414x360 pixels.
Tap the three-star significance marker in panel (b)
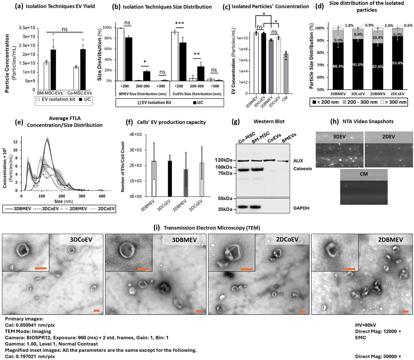point(179,24)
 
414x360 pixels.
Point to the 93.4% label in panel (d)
point(397,63)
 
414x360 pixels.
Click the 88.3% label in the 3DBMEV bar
point(338,66)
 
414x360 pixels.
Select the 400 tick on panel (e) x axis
point(102,196)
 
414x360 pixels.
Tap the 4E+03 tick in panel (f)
point(135,134)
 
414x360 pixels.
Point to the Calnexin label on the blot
point(302,169)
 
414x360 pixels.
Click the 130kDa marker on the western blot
point(224,160)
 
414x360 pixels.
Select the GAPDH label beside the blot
point(301,208)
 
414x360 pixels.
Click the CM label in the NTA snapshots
point(364,174)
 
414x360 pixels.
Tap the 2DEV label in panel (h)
point(388,137)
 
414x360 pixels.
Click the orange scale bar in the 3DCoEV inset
point(40,268)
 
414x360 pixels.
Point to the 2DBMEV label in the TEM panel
point(390,240)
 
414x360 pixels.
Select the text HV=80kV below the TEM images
point(366,325)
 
